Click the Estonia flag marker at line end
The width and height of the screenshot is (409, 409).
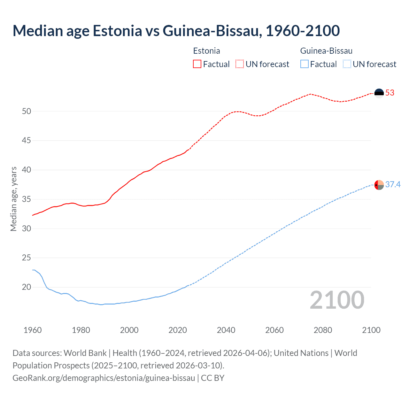(379, 93)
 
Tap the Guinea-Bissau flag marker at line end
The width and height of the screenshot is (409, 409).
(379, 185)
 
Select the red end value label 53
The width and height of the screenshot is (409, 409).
(390, 93)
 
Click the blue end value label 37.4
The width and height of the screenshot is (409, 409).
(393, 185)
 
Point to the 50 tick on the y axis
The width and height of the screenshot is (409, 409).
(27, 112)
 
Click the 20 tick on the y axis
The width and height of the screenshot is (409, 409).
(27, 287)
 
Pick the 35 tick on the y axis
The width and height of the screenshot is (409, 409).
(27, 199)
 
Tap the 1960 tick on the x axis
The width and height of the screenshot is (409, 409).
(33, 330)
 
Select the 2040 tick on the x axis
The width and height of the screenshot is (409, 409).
(226, 330)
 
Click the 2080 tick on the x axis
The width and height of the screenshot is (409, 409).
(323, 330)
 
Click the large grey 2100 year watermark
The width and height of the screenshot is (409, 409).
(337, 300)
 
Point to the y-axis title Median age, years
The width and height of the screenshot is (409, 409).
(13, 199)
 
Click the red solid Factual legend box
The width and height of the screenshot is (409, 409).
(197, 64)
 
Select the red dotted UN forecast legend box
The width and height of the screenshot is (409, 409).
(240, 64)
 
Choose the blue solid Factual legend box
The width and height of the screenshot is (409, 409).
(305, 64)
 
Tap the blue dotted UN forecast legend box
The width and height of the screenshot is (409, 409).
(347, 64)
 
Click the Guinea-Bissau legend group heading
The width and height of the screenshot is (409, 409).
(326, 51)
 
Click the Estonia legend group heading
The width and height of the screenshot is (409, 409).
(206, 51)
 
